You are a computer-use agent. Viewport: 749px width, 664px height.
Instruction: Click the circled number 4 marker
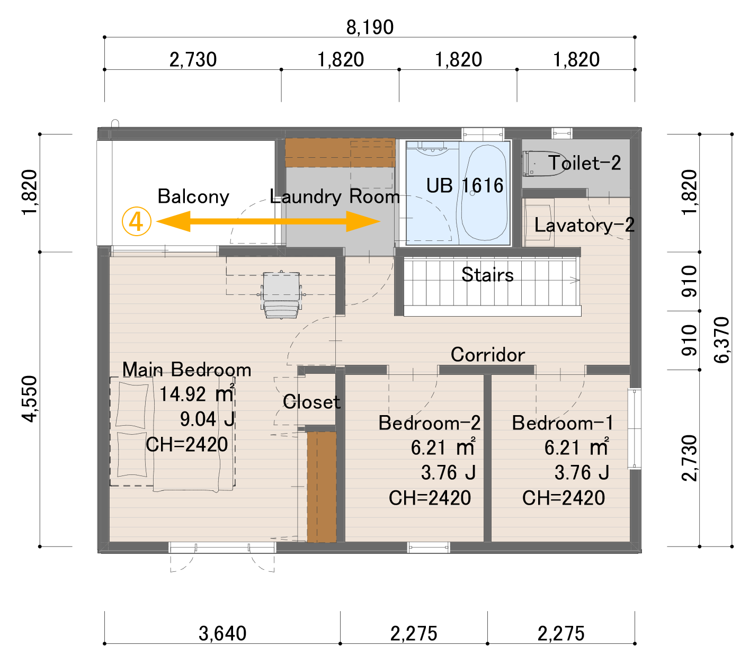[137, 221]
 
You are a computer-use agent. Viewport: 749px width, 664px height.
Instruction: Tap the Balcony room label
[193, 196]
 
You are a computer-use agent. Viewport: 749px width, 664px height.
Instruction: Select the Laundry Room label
[335, 196]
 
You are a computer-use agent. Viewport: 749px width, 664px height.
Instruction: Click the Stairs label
[487, 275]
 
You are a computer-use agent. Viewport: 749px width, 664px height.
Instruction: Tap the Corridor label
[487, 354]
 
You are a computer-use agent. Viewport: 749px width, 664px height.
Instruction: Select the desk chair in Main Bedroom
[281, 294]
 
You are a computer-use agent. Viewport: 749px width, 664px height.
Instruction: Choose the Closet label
[311, 402]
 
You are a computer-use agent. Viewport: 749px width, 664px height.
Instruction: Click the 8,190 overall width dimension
[370, 27]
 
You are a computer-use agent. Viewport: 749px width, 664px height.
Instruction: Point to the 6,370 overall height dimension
[721, 340]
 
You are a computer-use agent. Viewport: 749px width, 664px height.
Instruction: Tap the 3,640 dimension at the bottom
[222, 633]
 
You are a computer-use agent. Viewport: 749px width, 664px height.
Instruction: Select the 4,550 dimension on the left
[30, 399]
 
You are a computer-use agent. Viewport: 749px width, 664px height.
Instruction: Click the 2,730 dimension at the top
[193, 59]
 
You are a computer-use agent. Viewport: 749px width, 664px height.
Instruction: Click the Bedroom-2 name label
[430, 423]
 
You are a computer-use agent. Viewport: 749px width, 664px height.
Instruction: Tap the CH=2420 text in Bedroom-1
[563, 498]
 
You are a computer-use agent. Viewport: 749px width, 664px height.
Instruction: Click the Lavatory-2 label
[584, 225]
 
